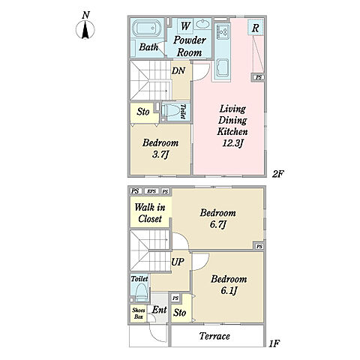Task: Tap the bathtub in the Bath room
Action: click(x=145, y=28)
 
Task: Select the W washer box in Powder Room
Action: click(x=185, y=25)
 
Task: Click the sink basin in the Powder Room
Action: click(x=202, y=24)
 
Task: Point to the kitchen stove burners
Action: click(x=222, y=31)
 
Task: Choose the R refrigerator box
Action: click(x=255, y=28)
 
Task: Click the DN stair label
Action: click(x=178, y=70)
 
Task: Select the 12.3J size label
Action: click(x=232, y=143)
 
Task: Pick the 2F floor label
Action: click(x=278, y=173)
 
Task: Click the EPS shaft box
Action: click(x=151, y=191)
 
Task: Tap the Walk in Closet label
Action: click(x=150, y=213)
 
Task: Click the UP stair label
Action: click(x=178, y=262)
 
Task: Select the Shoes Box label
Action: click(x=139, y=313)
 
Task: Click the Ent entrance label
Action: click(x=159, y=310)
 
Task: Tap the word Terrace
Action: click(x=214, y=336)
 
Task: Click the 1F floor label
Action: click(x=274, y=344)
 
